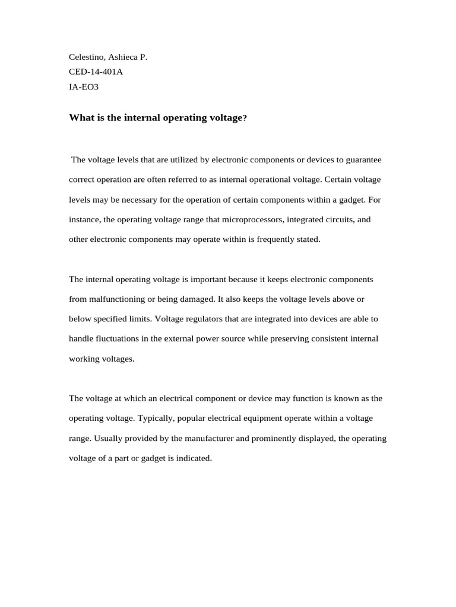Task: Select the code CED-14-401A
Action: click(x=96, y=72)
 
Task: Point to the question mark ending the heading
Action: click(x=243, y=118)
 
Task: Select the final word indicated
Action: click(x=194, y=458)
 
